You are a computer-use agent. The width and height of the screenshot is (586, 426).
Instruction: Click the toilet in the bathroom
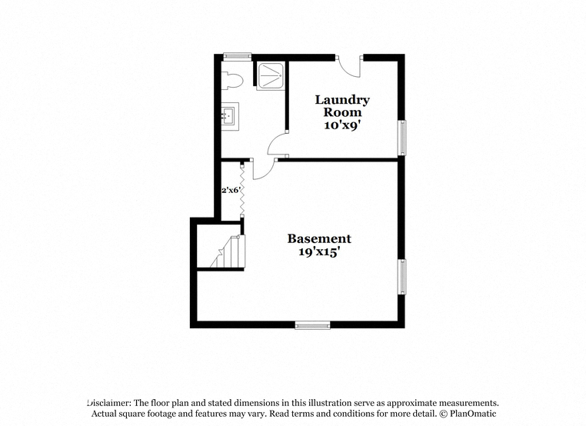pos(232,81)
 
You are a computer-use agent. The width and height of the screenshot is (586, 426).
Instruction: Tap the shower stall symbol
pos(270,76)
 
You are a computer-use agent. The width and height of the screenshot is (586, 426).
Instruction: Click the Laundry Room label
pos(342,106)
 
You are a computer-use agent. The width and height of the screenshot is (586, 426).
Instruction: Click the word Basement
pos(319,238)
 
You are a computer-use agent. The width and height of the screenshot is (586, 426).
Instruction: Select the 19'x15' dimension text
pos(319,251)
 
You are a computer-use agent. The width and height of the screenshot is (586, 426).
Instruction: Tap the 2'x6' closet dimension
pos(230,190)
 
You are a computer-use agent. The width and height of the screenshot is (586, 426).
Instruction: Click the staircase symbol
pos(227,251)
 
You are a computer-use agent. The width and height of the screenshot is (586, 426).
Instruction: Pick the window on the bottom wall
pos(312,325)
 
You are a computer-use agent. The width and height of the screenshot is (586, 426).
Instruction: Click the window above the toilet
pos(238,56)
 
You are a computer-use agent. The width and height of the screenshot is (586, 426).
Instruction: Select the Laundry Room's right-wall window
pos(401,138)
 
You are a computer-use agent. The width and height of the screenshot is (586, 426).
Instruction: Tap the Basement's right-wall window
pos(401,277)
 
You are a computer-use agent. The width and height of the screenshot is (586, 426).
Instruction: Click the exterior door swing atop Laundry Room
pos(350,68)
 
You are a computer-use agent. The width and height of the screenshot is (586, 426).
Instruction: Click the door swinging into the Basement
pos(263,169)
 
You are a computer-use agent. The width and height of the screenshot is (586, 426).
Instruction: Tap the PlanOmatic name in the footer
pos(473,414)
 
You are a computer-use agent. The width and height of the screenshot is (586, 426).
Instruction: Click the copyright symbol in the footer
pos(443,414)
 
